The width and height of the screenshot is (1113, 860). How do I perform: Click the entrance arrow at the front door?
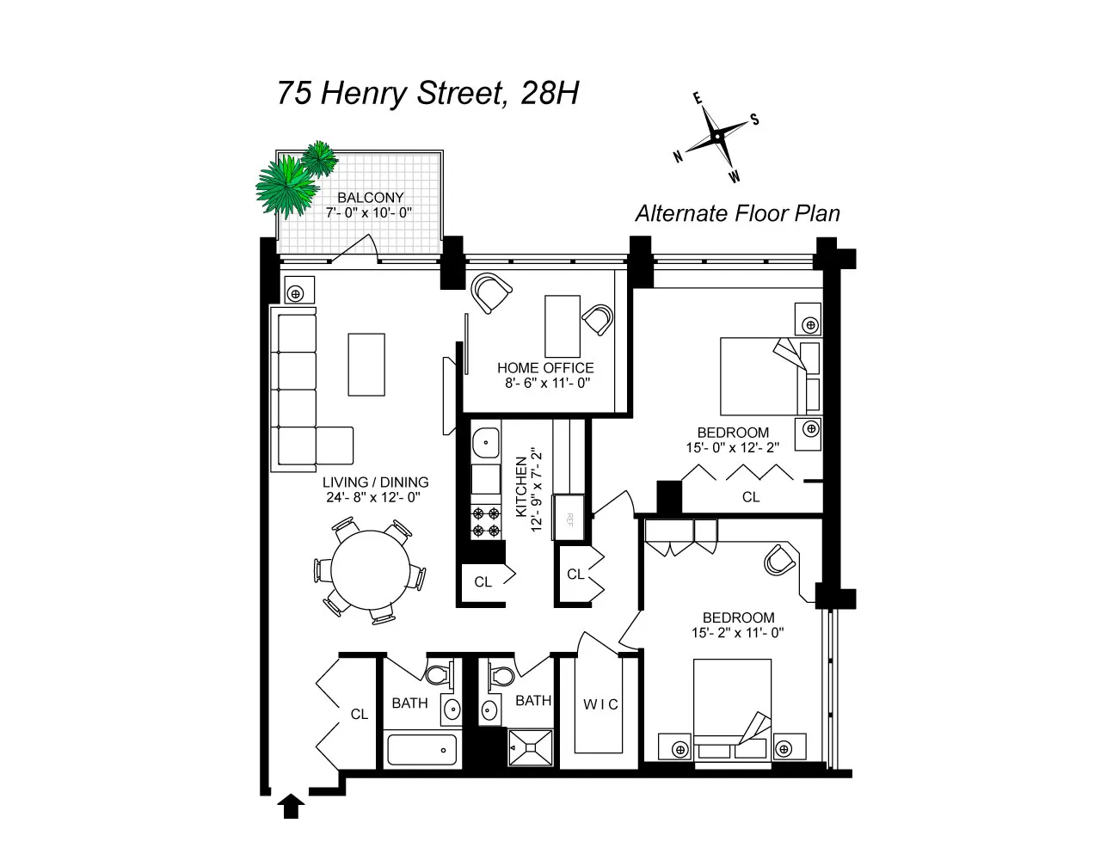(292, 806)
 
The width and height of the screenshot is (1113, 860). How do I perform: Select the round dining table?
(372, 570)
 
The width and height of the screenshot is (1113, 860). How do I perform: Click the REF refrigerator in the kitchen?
(569, 519)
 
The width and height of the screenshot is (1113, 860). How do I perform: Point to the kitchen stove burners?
(486, 521)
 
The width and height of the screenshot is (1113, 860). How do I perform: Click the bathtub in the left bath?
(421, 750)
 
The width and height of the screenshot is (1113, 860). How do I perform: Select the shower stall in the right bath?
(530, 746)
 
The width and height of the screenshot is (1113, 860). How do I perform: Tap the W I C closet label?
(600, 704)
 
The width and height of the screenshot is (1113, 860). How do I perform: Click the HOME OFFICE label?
(545, 368)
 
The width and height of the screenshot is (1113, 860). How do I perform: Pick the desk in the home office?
(562, 326)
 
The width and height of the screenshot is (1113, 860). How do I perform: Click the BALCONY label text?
(370, 198)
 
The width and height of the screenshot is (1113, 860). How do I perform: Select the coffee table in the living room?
(366, 364)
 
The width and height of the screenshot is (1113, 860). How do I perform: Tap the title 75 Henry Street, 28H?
(427, 93)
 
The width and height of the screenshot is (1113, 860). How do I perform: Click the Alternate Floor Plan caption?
(737, 213)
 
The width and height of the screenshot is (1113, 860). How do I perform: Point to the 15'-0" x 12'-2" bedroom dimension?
(733, 447)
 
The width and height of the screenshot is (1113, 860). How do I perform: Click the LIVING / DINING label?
(375, 482)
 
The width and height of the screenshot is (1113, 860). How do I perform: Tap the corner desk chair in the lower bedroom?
(779, 560)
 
